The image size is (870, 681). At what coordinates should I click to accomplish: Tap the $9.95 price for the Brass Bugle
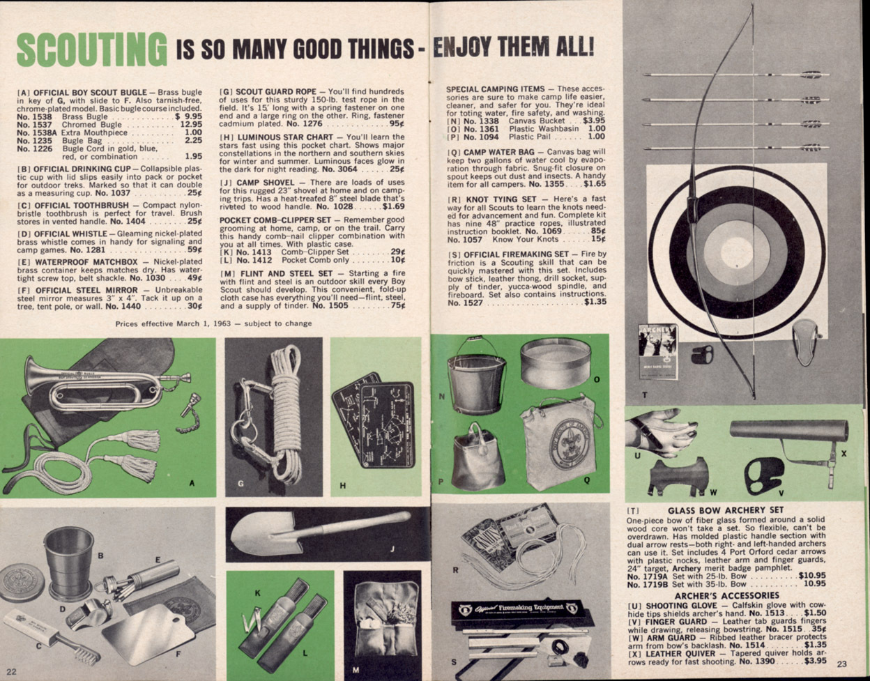(189, 116)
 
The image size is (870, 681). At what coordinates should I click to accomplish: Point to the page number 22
(11, 671)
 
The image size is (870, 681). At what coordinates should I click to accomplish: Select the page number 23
(842, 664)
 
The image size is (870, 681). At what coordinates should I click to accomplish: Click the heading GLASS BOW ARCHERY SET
(726, 510)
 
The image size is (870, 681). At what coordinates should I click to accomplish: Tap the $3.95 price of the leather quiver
(816, 661)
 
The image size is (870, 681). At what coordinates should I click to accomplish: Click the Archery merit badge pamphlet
(658, 351)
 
